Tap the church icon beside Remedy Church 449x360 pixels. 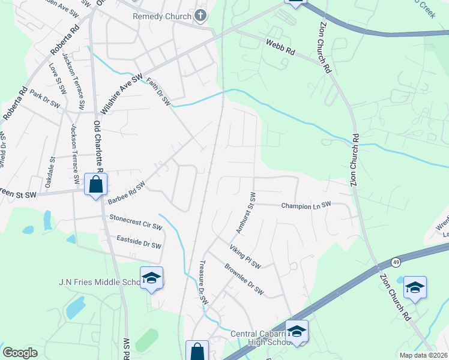click(202, 16)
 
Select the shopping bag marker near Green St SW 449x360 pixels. click(96, 184)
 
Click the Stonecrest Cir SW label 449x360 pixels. click(136, 223)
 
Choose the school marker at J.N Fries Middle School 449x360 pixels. click(152, 278)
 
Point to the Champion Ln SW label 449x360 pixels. click(306, 205)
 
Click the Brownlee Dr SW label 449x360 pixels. click(244, 280)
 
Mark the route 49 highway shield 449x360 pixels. click(396, 262)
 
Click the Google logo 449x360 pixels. click(20, 352)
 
